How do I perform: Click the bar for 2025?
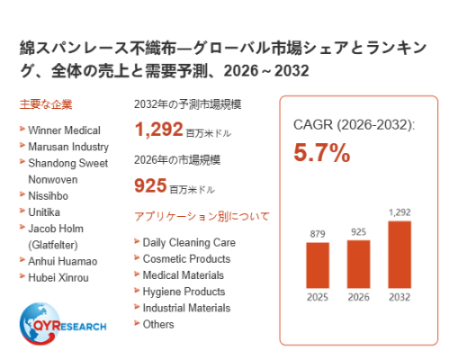(318, 265)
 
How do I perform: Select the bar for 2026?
(358, 264)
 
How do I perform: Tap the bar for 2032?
(400, 255)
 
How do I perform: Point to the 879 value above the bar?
(318, 234)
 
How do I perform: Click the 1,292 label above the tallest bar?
(400, 212)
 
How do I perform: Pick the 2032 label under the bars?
(400, 297)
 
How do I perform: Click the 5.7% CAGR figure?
(322, 152)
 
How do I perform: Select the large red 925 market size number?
(150, 185)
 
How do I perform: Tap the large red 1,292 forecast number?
(158, 129)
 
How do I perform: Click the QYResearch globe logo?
(39, 323)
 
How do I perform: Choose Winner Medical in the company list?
(64, 130)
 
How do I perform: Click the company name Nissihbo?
(49, 196)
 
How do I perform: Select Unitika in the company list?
(44, 212)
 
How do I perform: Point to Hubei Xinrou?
(58, 277)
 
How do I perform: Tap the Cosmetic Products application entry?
(186, 258)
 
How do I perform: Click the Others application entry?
(158, 324)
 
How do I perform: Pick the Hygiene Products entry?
(184, 292)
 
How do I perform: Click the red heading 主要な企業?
(46, 104)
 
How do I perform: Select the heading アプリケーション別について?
(202, 216)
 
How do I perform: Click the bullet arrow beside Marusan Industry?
(22, 145)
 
